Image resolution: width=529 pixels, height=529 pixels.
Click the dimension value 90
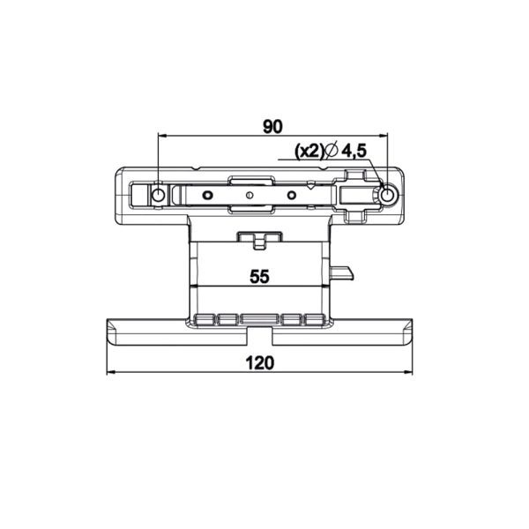(272, 127)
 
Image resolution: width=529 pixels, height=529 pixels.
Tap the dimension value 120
(260, 363)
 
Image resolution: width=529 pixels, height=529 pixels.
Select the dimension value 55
(259, 277)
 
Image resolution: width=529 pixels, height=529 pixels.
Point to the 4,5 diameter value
(354, 151)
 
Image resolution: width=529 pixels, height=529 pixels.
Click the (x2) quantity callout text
(309, 151)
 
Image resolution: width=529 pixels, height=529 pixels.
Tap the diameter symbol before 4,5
(332, 151)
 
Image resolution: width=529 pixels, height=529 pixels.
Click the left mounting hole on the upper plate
(158, 195)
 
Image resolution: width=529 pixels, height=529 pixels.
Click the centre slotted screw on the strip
(250, 195)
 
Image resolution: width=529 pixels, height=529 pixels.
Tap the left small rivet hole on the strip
(207, 195)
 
